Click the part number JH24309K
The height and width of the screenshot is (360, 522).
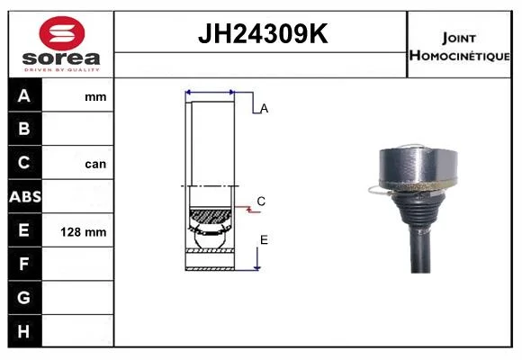coord(263,33)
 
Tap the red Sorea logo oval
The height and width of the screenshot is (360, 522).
coord(62,33)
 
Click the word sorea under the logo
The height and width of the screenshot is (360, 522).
coord(61,58)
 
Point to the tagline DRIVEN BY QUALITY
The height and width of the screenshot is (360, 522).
coord(62,70)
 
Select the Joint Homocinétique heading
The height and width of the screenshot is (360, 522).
coord(459,47)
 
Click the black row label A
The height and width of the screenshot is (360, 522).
coord(24,96)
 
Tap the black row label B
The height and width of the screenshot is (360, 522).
coord(24,129)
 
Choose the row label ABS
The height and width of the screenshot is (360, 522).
coord(25,197)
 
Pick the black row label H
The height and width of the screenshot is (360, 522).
coord(23,331)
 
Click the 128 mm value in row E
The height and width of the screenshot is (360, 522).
coord(84,232)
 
